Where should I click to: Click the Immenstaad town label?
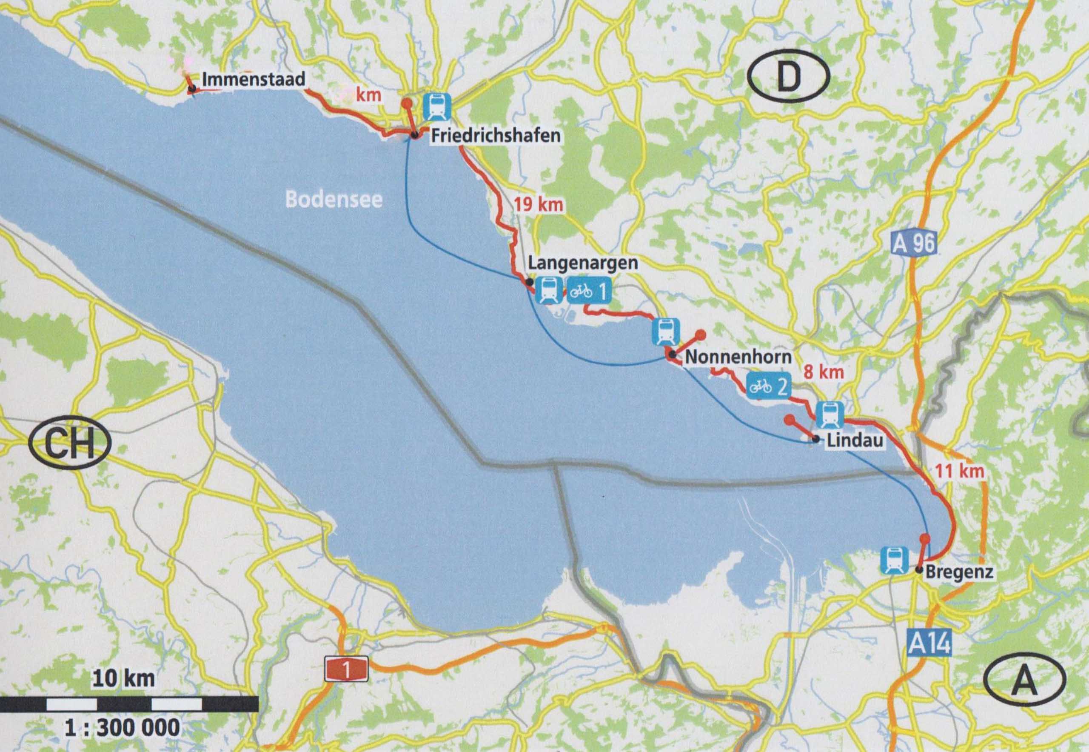[254, 79]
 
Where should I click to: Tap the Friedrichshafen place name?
[496, 136]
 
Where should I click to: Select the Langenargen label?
[583, 263]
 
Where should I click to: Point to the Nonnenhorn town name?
[738, 357]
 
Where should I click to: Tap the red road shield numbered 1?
[346, 669]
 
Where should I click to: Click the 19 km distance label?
[538, 205]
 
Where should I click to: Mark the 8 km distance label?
[823, 372]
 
